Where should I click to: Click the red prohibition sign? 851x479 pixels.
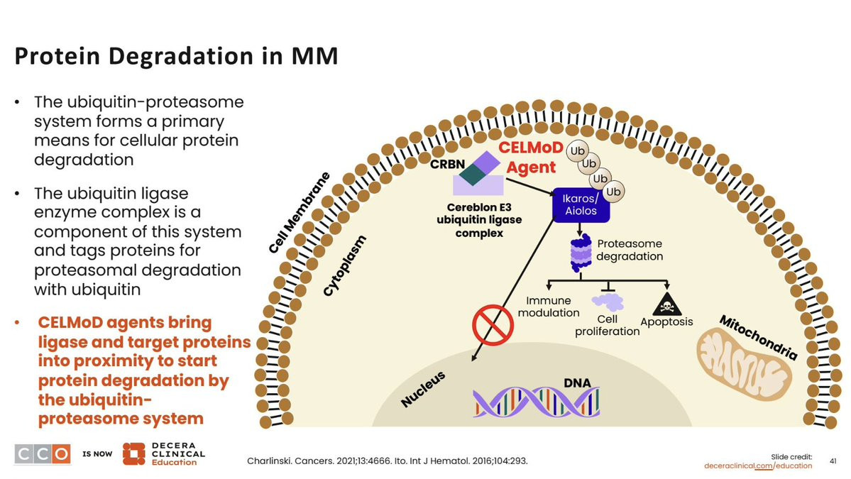click(493, 325)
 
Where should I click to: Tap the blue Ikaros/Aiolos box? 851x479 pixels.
click(581, 205)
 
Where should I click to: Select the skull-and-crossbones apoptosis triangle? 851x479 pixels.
click(667, 304)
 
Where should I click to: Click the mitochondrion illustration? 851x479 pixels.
click(743, 366)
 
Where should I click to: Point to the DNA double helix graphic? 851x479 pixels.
click(536, 402)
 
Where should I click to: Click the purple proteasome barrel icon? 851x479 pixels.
click(581, 253)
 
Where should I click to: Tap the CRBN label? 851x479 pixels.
click(447, 164)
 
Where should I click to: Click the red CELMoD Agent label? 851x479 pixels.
click(531, 158)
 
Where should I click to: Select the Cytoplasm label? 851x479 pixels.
click(345, 266)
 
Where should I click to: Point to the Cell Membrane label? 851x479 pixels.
click(299, 213)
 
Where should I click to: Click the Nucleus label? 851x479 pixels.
click(423, 389)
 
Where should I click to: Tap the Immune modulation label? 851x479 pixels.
click(548, 307)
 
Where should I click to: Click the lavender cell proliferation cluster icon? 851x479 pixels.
click(608, 302)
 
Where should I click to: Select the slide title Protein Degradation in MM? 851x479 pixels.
click(177, 56)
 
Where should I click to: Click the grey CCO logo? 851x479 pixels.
click(43, 454)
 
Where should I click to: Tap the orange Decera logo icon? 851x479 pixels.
click(133, 454)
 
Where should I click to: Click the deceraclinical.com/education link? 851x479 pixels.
click(758, 466)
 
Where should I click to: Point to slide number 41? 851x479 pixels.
click(833, 461)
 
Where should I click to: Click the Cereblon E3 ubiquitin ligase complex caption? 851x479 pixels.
click(479, 220)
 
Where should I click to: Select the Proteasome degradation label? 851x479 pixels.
click(630, 250)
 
